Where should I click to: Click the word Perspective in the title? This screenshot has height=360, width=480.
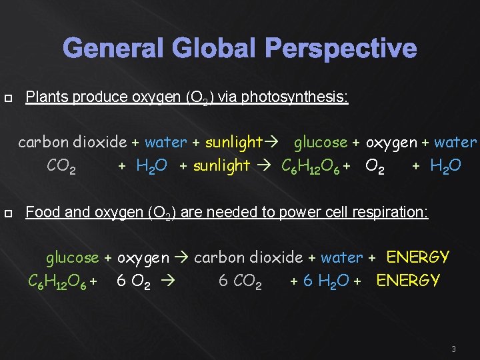(x=341, y=49)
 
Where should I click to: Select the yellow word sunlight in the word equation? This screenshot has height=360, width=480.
(x=233, y=142)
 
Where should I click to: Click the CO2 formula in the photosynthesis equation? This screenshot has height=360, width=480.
(x=61, y=166)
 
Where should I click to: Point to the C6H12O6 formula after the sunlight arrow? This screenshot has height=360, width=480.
(x=311, y=166)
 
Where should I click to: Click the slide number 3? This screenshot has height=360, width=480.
(x=453, y=349)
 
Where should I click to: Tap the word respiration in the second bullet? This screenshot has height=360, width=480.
(x=393, y=213)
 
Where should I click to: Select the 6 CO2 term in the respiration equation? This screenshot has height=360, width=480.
(x=240, y=281)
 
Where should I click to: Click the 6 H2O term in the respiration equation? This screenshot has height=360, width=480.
(x=326, y=281)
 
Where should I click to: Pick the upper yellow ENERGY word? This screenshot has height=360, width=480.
(x=418, y=257)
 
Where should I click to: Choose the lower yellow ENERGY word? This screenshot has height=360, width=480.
(x=408, y=281)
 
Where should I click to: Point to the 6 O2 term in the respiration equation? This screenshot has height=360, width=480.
(x=133, y=281)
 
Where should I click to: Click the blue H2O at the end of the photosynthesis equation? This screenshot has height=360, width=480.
(x=445, y=166)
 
